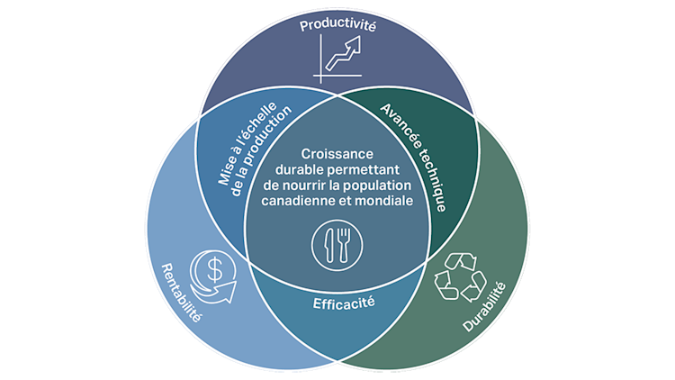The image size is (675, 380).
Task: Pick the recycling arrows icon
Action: tap(460, 275)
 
